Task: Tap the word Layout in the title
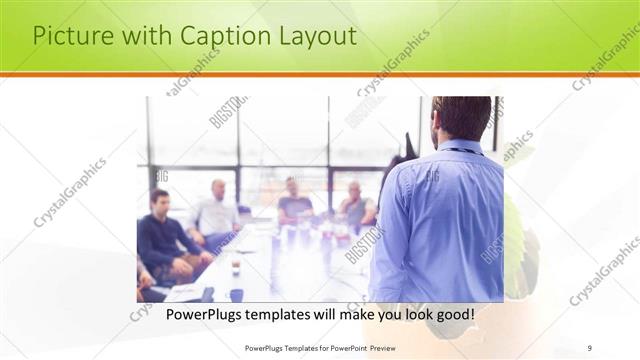pos(316,36)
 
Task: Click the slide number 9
pos(590,347)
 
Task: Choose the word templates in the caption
pos(286,315)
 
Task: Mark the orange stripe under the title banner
pos(320,75)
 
